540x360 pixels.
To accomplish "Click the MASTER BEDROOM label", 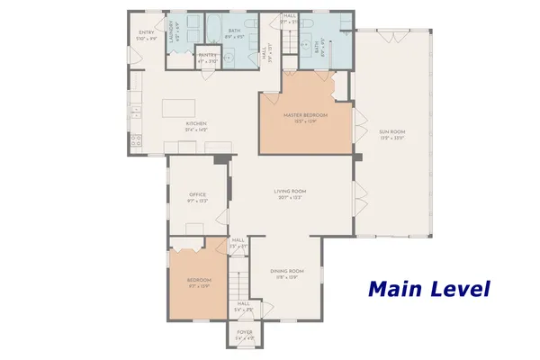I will point(305,115).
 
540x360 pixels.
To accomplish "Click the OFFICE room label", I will point(198,194).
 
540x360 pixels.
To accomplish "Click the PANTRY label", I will point(208,55).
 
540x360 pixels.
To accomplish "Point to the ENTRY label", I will point(146,32).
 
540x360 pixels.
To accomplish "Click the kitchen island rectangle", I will point(185,108).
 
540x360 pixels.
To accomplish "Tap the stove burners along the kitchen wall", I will point(137,139).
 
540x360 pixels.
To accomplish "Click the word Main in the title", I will point(397,289).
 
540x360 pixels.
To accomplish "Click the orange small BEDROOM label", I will point(198,281).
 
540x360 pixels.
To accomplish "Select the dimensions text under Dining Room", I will point(287,277).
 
